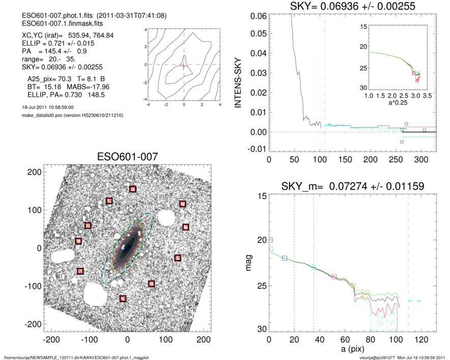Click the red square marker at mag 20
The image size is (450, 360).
point(271,239)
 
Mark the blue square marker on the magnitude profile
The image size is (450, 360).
point(285,258)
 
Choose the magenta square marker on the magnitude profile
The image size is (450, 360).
point(334,277)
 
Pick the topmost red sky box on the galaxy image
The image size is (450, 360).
point(133,189)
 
